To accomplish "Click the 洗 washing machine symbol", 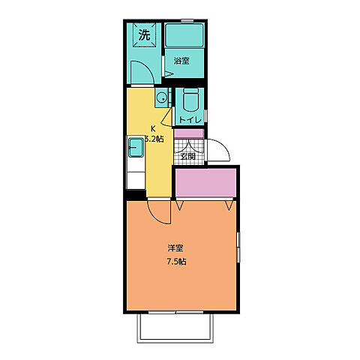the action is [144, 34].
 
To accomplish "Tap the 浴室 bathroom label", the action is [181, 61].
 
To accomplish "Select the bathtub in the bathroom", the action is [184, 35].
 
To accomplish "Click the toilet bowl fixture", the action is [190, 100].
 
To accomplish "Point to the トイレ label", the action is [190, 120].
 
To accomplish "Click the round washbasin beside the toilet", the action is [162, 97].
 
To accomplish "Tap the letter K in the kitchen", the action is [153, 129].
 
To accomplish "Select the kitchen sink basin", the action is [136, 148].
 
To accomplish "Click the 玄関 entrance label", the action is [188, 157].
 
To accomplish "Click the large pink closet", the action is [205, 183].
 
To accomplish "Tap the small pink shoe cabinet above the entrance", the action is [189, 133].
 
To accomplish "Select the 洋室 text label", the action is [175, 248].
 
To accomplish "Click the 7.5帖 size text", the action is [176, 262].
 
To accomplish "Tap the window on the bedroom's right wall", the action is [238, 247].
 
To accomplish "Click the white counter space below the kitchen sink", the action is [136, 180].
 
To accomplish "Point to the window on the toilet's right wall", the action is [205, 116].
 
